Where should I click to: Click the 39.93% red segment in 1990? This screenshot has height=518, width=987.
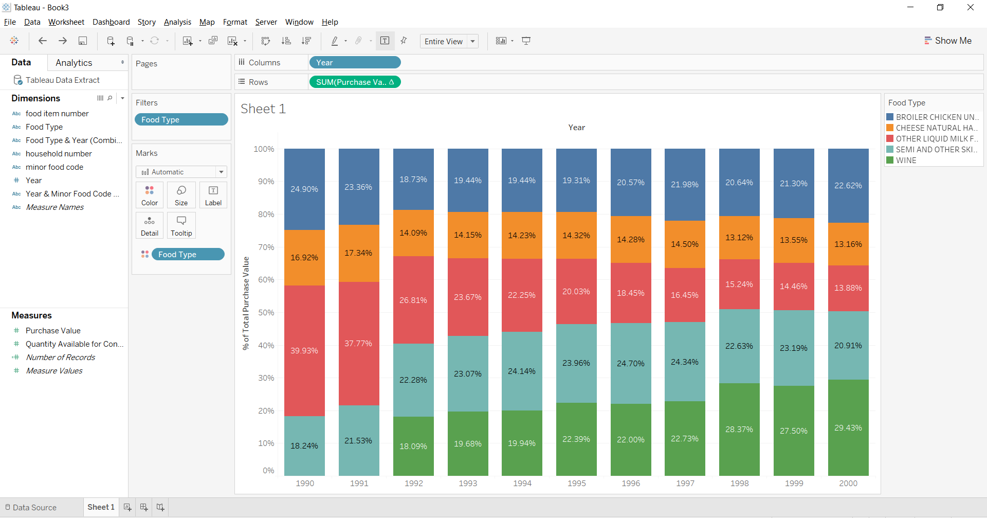coord(304,351)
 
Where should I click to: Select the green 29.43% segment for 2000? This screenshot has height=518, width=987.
coord(848,428)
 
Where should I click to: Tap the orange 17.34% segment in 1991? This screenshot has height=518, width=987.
coord(359,253)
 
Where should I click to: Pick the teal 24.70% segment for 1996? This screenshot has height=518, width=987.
coord(631,363)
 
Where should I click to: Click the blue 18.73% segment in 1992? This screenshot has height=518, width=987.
coord(413,180)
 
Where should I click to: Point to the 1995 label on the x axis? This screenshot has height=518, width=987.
coord(576,483)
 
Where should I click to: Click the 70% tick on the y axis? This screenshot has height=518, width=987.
coord(266,247)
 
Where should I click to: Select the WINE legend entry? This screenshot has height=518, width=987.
coord(906,160)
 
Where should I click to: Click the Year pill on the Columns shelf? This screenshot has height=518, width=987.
coord(355,63)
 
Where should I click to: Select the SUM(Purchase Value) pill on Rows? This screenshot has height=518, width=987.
coord(354,82)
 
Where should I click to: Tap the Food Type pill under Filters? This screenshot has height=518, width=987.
coord(181,120)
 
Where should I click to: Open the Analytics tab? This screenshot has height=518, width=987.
coord(74,63)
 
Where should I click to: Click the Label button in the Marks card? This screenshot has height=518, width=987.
coord(213,195)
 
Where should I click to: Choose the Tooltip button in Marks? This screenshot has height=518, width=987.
coord(181,225)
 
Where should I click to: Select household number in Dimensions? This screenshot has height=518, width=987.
coord(59,154)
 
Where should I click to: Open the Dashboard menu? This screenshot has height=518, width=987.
coord(111,22)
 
